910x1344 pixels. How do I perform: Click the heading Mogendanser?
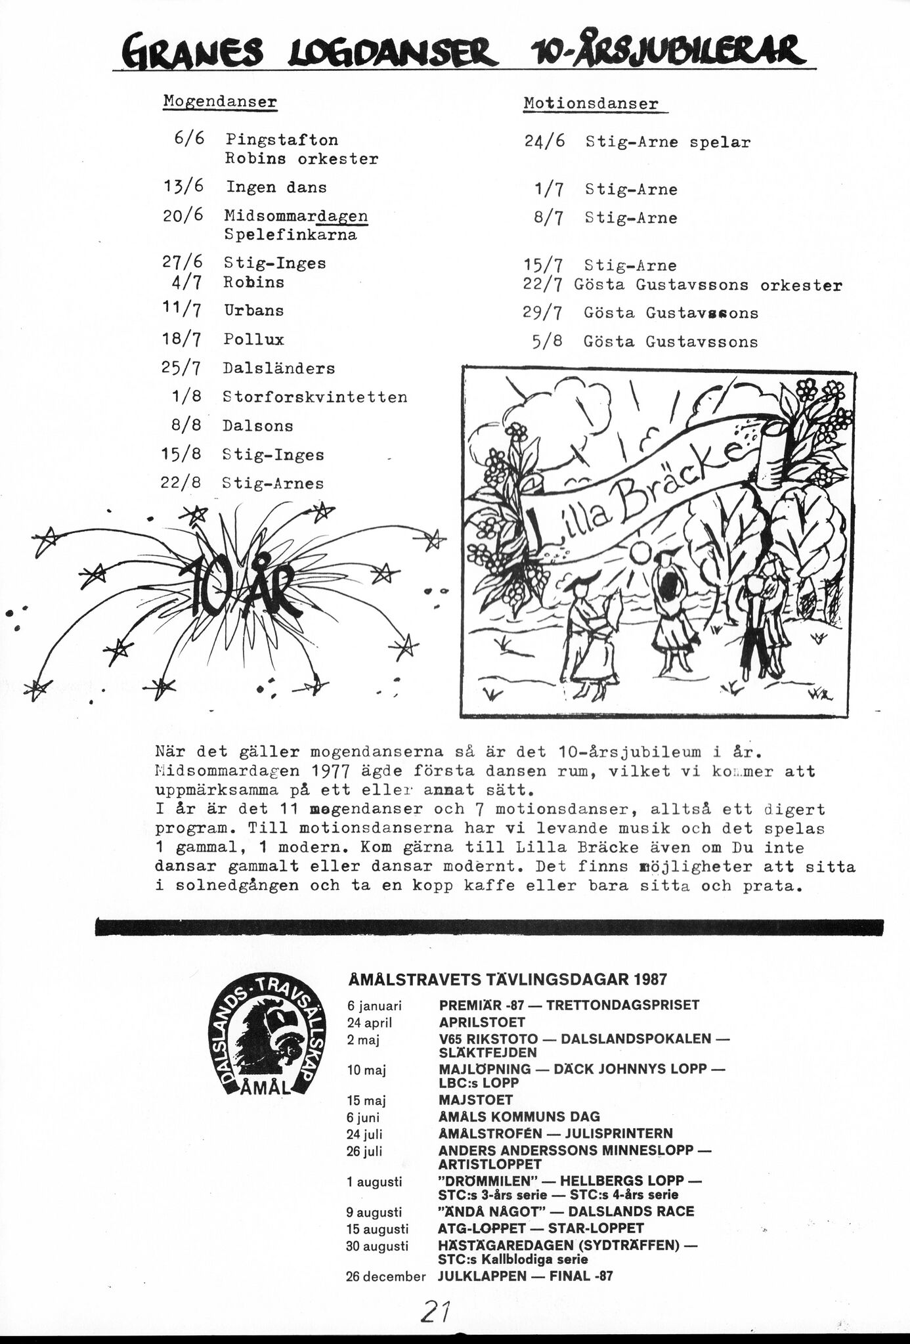click(x=219, y=102)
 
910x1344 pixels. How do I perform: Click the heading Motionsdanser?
click(x=590, y=104)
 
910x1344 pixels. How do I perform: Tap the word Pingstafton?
click(x=282, y=140)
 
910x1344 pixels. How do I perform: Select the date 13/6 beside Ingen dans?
click(x=183, y=186)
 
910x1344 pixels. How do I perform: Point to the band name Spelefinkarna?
click(x=290, y=235)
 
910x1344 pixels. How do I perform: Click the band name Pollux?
click(x=253, y=339)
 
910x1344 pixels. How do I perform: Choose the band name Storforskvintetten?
click(x=314, y=397)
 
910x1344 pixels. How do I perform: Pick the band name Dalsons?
click(x=257, y=426)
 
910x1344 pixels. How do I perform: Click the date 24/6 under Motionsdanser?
click(x=544, y=141)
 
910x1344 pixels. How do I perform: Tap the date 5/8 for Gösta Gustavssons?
click(x=548, y=341)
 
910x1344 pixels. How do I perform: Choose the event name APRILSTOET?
click(x=482, y=1022)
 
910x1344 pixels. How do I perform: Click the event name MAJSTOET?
click(x=475, y=1099)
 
